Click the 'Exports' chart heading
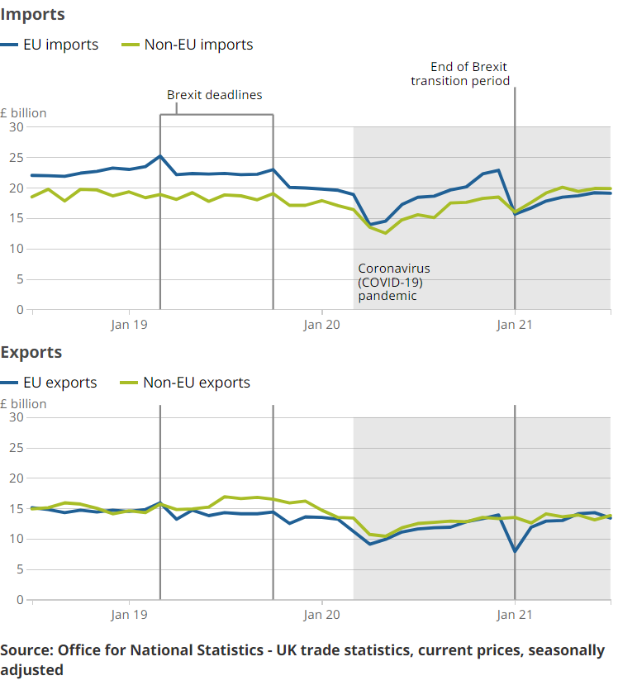click(x=31, y=353)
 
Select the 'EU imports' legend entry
click(x=59, y=45)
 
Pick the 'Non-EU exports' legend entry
click(x=196, y=383)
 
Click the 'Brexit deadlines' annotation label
click(x=215, y=95)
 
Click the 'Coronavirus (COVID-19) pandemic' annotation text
click(x=394, y=282)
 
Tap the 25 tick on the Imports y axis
click(x=17, y=158)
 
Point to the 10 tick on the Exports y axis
click(x=17, y=540)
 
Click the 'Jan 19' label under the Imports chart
click(x=129, y=325)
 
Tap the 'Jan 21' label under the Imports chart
click(x=515, y=325)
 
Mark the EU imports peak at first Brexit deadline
click(x=160, y=155)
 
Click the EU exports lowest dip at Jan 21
click(x=515, y=550)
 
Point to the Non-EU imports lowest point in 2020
click(x=385, y=233)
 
